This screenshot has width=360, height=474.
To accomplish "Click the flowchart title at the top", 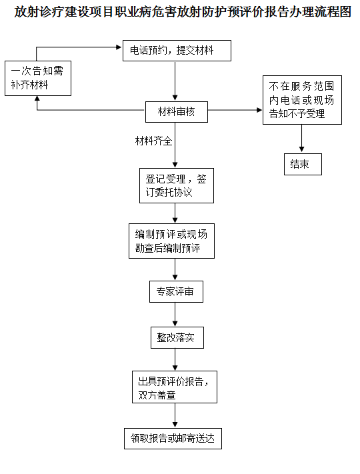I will coord(180,13).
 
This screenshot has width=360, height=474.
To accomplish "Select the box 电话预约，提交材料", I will coord(177,51).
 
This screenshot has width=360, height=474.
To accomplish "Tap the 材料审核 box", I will coord(175,111).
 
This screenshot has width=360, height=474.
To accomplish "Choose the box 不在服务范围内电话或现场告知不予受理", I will coord(303,99).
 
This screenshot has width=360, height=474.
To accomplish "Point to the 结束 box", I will coord(302,164).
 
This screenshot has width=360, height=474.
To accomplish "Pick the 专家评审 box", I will coord(175,291).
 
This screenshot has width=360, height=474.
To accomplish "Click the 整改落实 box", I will coord(175,338).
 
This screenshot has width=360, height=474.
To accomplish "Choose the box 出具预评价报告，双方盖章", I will coord(175,387).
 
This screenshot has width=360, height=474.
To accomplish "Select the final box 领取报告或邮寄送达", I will coord(173,439).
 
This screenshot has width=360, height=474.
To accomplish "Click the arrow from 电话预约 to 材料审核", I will coord(175,81).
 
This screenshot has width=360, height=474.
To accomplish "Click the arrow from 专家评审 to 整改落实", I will coord(175,315).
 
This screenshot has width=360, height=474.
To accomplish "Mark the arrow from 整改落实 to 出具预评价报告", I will coord(175,359).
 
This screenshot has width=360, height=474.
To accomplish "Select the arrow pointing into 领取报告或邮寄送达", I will coord(175,415).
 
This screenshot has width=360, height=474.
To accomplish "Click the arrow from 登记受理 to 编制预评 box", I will coord(175,213).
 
